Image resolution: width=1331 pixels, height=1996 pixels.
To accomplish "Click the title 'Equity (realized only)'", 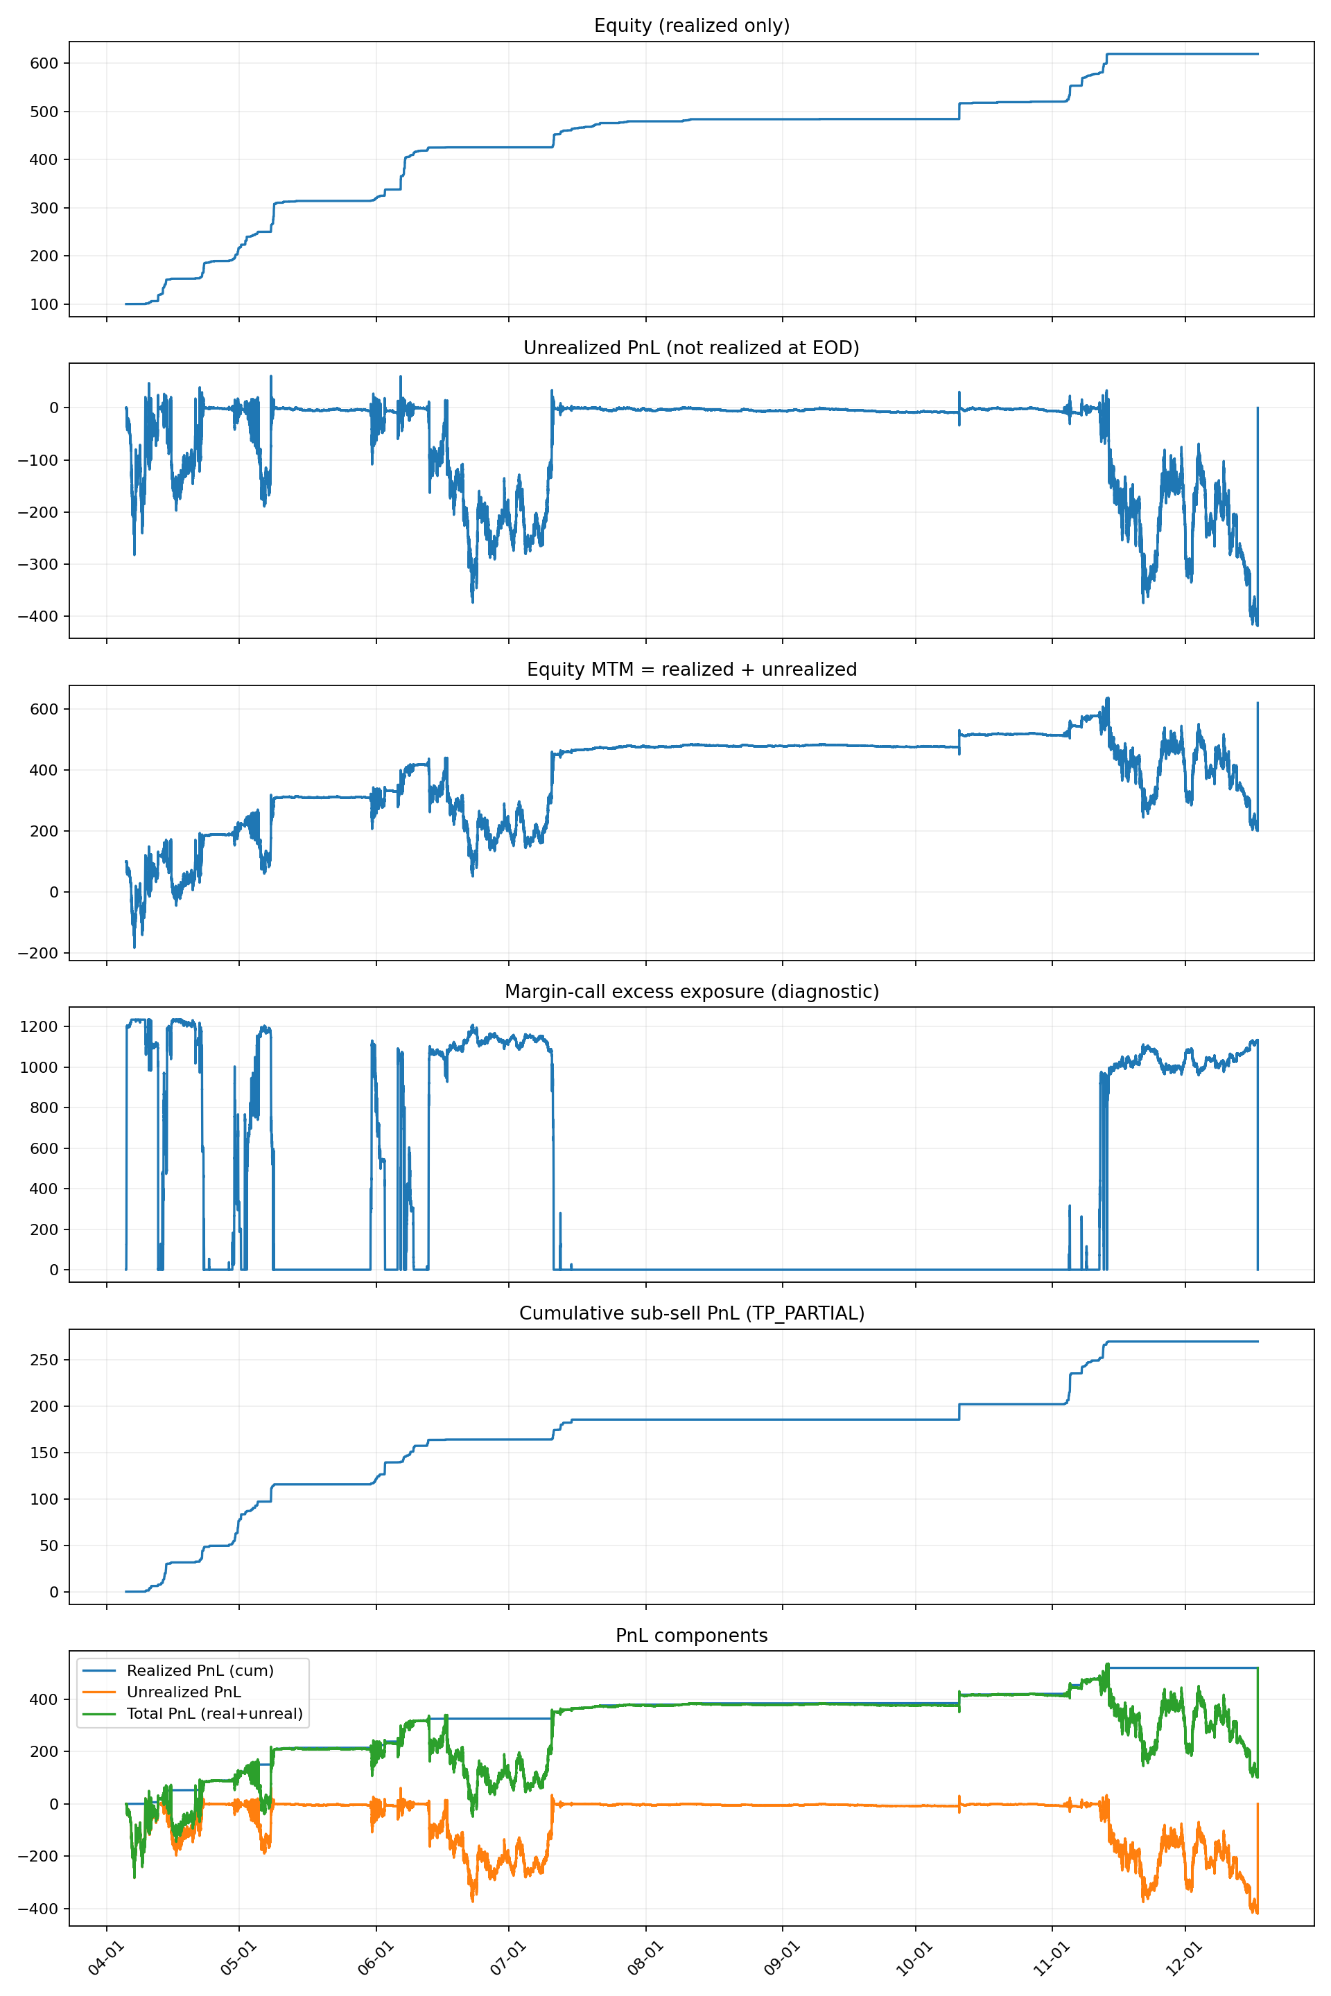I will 691,26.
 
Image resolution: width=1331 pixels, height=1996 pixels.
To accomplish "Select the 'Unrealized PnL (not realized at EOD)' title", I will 691,348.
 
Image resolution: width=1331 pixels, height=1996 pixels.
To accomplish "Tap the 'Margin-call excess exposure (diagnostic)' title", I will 691,991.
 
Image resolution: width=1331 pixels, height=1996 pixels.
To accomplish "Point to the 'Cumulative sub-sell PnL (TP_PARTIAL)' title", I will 691,1313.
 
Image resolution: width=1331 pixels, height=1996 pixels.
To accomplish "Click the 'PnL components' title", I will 691,1636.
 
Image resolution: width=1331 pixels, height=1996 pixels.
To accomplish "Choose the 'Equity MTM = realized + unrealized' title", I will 691,669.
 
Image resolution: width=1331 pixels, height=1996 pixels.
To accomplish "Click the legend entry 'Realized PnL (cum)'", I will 200,1670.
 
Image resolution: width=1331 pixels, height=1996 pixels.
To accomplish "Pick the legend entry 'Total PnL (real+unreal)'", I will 214,1713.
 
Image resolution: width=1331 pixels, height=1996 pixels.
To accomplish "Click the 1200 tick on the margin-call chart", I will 39,1027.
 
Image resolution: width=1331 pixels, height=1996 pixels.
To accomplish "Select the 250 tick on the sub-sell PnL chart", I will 43,1360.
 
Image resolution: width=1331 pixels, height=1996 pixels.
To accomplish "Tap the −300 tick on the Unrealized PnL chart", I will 37,564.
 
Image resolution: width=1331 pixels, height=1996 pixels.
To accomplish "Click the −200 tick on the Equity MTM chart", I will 37,953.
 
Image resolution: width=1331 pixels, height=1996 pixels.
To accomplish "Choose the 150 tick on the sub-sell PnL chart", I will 43,1453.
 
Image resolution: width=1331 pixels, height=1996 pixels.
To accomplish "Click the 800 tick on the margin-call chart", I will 43,1108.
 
